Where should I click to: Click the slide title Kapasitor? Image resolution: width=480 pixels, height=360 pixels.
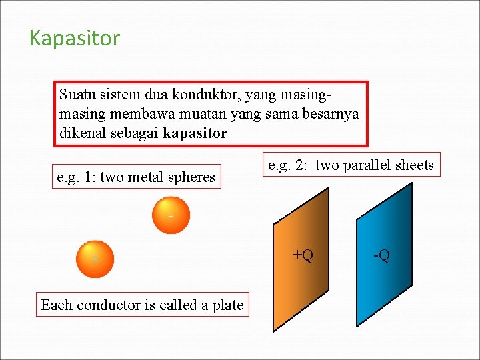(x=75, y=39)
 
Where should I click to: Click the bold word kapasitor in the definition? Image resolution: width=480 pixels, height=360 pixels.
(x=195, y=133)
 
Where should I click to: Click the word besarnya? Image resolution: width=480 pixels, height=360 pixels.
(x=331, y=114)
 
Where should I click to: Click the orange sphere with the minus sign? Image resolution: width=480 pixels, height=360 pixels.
(x=171, y=215)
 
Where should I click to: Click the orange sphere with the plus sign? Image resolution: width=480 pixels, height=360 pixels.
(x=95, y=259)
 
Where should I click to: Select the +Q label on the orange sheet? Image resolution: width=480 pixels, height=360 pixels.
(x=303, y=255)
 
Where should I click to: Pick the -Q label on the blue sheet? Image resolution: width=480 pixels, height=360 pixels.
(x=381, y=255)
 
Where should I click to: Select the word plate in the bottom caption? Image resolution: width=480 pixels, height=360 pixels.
(x=228, y=305)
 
